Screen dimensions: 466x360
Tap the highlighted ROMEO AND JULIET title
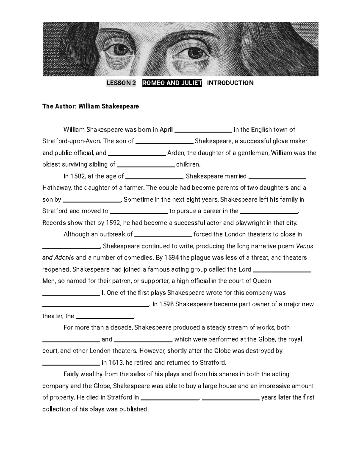172,83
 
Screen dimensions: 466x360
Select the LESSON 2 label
121,83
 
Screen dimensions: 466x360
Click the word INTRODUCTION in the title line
230,83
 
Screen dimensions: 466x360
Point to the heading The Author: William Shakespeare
91,106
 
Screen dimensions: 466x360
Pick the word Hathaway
57,188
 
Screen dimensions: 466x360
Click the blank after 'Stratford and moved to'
139,212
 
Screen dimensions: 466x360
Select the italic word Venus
304,246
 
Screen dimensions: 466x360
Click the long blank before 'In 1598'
95,305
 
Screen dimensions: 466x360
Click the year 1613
116,363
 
